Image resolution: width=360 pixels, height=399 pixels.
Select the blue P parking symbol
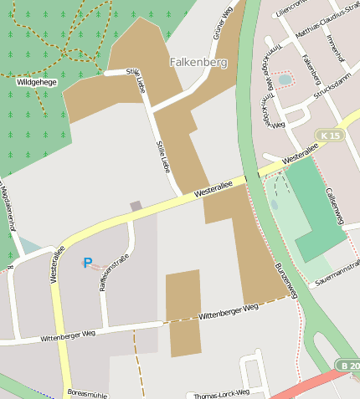tap(87, 263)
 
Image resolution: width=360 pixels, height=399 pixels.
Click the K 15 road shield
tap(329, 136)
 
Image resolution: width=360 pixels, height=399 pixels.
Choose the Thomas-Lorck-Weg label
tap(221, 393)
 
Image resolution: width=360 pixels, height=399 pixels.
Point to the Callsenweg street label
tap(334, 205)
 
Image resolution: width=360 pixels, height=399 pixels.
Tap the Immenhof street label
tap(335, 51)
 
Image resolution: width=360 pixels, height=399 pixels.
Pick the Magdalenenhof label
tap(8, 209)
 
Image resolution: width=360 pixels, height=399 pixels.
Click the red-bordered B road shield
tap(348, 366)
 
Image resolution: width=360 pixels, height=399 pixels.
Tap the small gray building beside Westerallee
tap(136, 206)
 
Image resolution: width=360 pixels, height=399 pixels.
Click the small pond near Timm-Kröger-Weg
tap(285, 79)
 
